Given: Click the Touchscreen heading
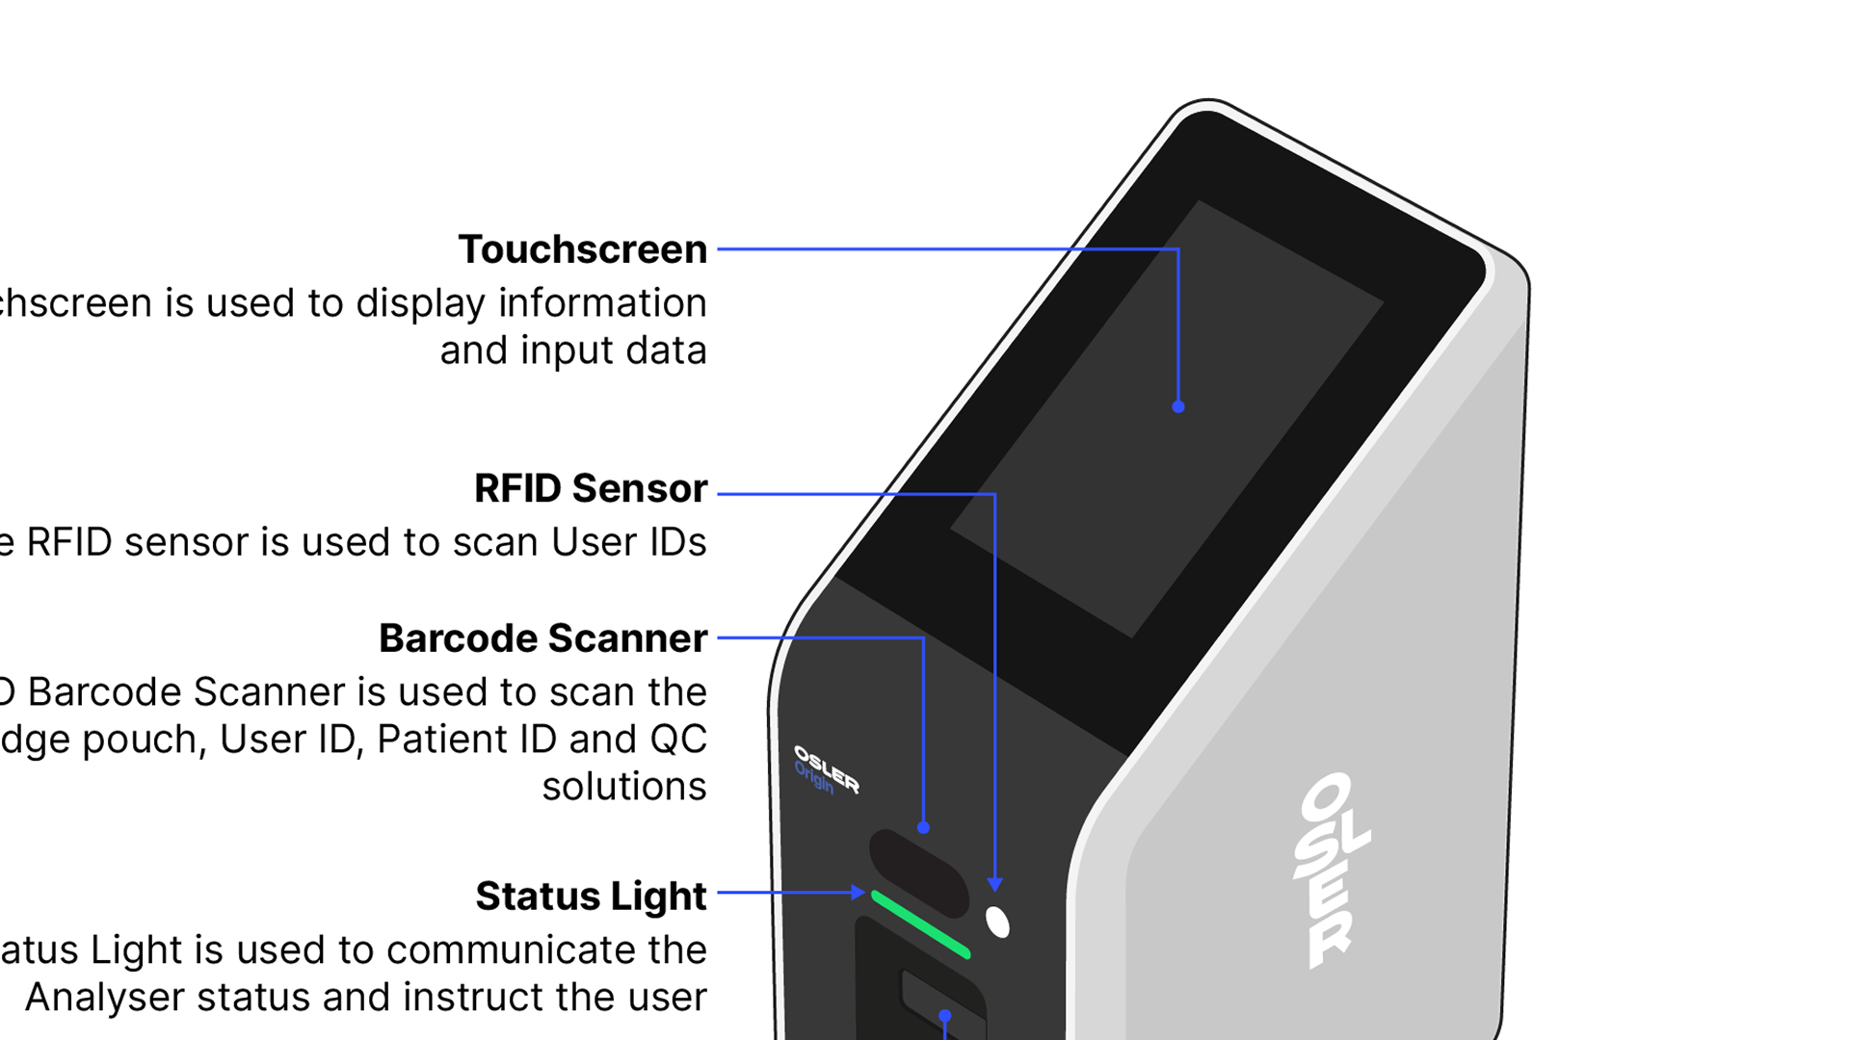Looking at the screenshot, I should pos(583,249).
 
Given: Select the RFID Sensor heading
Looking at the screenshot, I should pos(591,488).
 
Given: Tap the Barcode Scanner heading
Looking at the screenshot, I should pos(543,638).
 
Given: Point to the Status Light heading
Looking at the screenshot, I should pos(591,896).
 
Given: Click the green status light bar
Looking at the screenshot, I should pos(920,924).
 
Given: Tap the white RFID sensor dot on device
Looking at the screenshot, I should pos(997,922).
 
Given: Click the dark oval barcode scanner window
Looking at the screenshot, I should pos(918,872).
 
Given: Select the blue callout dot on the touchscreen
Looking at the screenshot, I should pos(1177,406).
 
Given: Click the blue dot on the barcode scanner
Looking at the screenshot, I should pos(923,827).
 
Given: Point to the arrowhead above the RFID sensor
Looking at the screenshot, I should pos(994,884).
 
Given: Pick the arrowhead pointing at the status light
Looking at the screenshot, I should pos(858,893).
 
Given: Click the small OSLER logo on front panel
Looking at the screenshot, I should pos(827,767).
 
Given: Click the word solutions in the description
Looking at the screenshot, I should pos(624,787).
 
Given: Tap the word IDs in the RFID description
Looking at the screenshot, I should pos(677,542).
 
